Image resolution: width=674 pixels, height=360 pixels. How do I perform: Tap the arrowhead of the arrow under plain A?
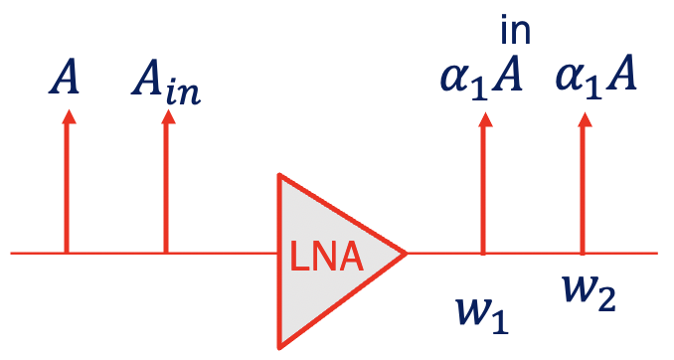pos(67,115)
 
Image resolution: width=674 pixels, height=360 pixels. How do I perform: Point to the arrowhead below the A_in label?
pos(166,115)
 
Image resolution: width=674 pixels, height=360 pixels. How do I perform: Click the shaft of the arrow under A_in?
pos(166,189)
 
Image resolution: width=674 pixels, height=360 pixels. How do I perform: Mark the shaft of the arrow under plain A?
pos(67,189)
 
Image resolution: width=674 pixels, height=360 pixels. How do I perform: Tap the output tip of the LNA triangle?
pos(406,254)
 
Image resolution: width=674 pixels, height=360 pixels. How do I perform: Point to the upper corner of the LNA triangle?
pos(280,176)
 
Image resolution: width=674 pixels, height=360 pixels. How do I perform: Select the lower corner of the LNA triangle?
pos(280,347)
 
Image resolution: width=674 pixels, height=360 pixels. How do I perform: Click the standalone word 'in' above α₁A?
pos(515,30)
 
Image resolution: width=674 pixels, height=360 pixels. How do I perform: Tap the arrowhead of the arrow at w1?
pos(484,118)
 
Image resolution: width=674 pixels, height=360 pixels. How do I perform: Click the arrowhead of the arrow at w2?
pos(583,118)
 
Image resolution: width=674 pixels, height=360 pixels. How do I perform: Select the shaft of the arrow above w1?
pos(484,189)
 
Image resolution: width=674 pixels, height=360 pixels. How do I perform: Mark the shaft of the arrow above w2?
pos(583,189)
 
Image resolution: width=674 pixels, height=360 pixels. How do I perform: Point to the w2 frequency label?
pos(588,293)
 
